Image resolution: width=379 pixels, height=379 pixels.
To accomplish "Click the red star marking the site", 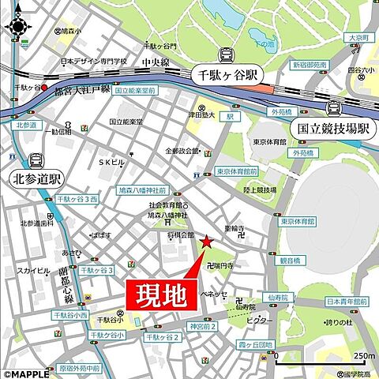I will coord(207,242).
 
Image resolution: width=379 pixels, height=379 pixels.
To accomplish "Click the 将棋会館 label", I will coord(180,235).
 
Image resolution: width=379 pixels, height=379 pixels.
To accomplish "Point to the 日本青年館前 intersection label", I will coord(347,302).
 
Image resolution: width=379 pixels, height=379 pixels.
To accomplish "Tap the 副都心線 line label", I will coord(66,284).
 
